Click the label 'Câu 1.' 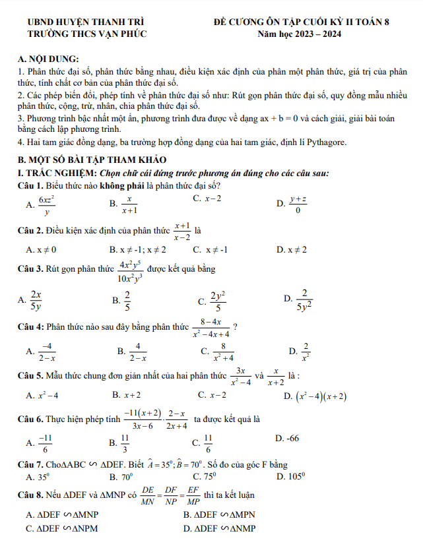30,185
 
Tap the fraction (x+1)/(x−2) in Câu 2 181,230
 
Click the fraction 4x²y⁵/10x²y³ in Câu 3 131,271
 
